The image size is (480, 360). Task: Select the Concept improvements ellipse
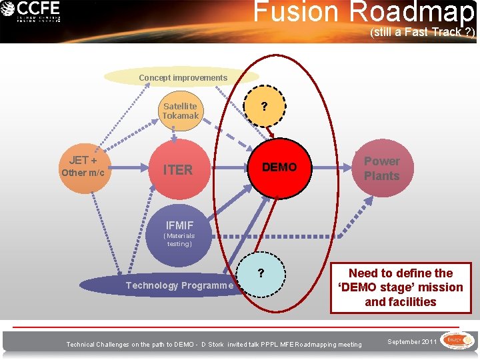click(183, 77)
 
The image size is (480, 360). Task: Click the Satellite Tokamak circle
click(180, 111)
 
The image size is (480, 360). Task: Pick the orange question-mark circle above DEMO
click(265, 106)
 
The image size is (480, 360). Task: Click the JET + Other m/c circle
click(83, 167)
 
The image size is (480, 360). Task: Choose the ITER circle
click(178, 170)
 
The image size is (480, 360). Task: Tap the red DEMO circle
click(279, 167)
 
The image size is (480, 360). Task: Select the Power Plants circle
click(381, 169)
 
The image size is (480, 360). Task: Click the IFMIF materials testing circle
click(179, 234)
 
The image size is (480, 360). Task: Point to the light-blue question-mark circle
click(261, 273)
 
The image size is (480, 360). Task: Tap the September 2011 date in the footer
click(411, 342)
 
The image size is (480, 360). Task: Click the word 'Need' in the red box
click(364, 273)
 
